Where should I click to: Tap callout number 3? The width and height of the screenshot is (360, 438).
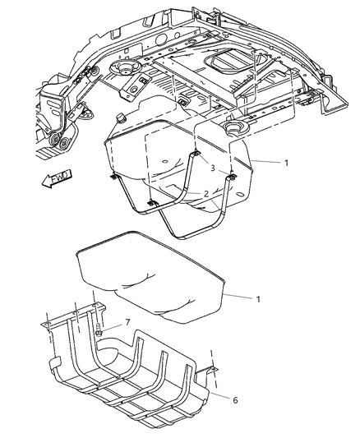[x=212, y=168]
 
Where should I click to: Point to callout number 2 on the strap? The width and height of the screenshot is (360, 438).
[x=206, y=194]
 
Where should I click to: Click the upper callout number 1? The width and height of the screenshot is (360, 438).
[x=285, y=163]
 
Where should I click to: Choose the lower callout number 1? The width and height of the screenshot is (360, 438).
[x=258, y=299]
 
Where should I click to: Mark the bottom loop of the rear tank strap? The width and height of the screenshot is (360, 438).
[x=193, y=231]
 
